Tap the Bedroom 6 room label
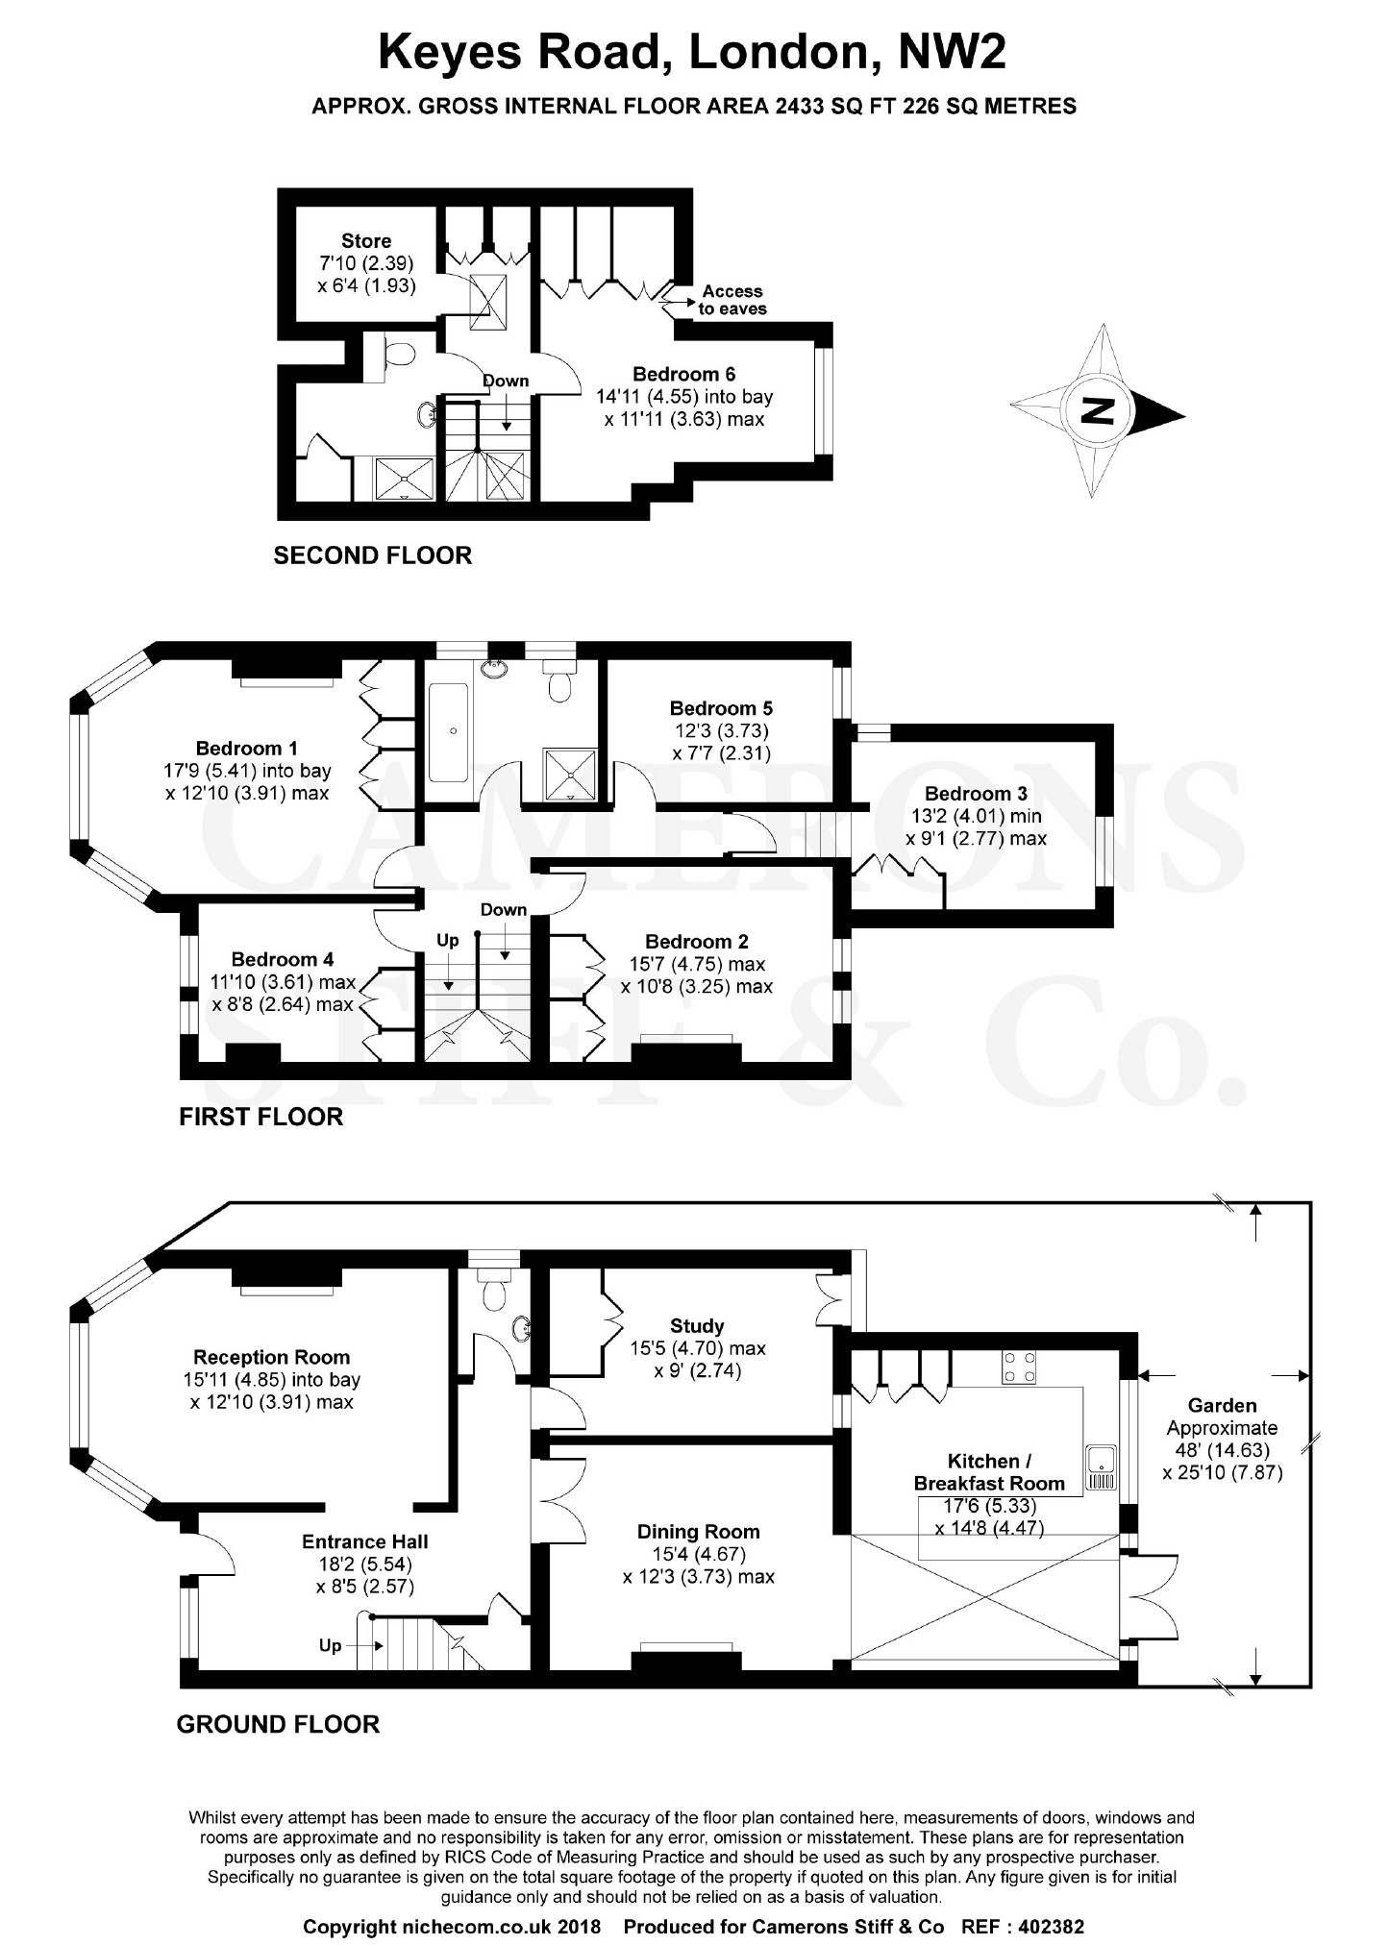(x=684, y=374)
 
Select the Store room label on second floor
(x=366, y=240)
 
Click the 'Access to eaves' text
(x=732, y=300)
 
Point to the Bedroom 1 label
(x=247, y=748)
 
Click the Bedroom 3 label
(x=976, y=794)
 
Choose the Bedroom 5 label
(x=721, y=708)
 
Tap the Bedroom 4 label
(x=283, y=959)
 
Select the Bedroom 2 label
(x=697, y=942)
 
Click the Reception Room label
(x=272, y=1357)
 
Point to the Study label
(x=697, y=1326)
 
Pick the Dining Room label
(x=699, y=1532)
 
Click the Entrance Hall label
(x=365, y=1541)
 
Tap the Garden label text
(x=1222, y=1405)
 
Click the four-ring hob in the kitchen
(x=1020, y=1367)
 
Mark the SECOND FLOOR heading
(x=373, y=555)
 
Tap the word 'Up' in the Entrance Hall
(x=330, y=1646)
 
